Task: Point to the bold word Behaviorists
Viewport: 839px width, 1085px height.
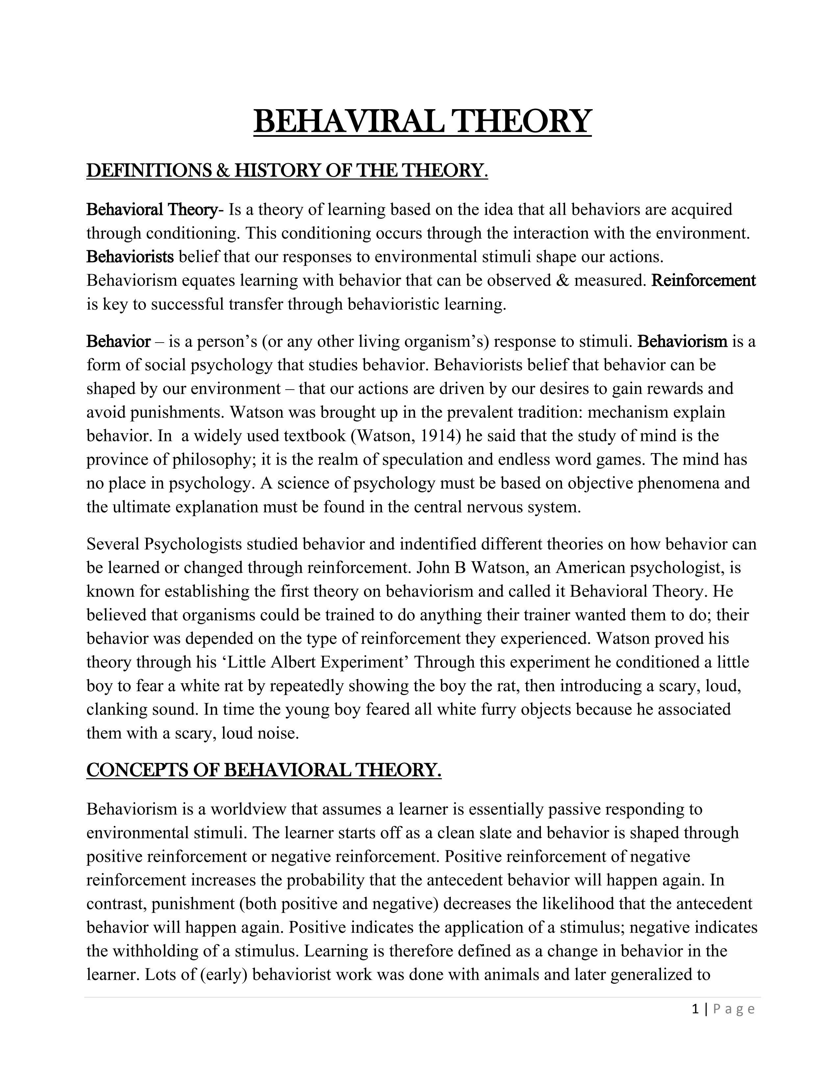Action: pyautogui.click(x=130, y=257)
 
